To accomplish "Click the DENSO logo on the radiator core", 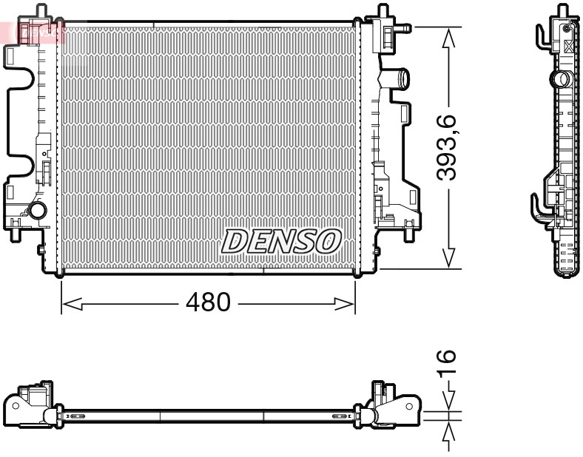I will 281,241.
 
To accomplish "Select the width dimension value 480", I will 208,302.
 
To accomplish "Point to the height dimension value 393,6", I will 448,148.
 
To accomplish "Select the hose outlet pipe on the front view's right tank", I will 400,76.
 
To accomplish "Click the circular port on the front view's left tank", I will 36,211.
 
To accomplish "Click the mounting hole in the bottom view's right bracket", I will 409,406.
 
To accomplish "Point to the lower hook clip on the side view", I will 539,207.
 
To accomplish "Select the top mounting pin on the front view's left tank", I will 41,10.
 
